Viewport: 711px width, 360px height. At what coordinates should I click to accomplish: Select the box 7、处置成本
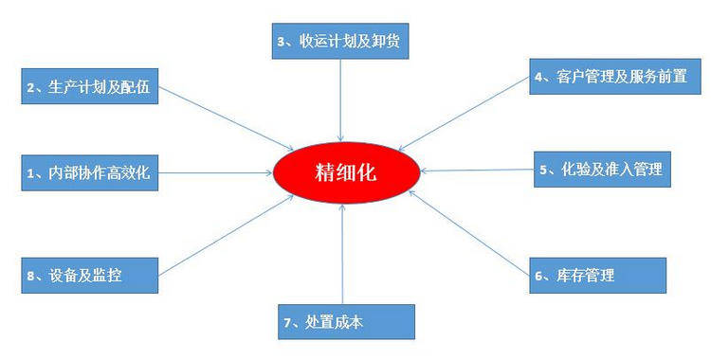pyautogui.click(x=347, y=321)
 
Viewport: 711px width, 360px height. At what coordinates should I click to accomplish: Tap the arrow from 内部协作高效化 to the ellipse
pyautogui.click(x=213, y=172)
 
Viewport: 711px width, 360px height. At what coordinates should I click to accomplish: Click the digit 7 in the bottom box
pyautogui.click(x=286, y=322)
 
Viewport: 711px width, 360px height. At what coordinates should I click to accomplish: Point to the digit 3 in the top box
pyautogui.click(x=280, y=41)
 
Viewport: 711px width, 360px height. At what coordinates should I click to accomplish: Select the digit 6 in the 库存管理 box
pyautogui.click(x=539, y=276)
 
